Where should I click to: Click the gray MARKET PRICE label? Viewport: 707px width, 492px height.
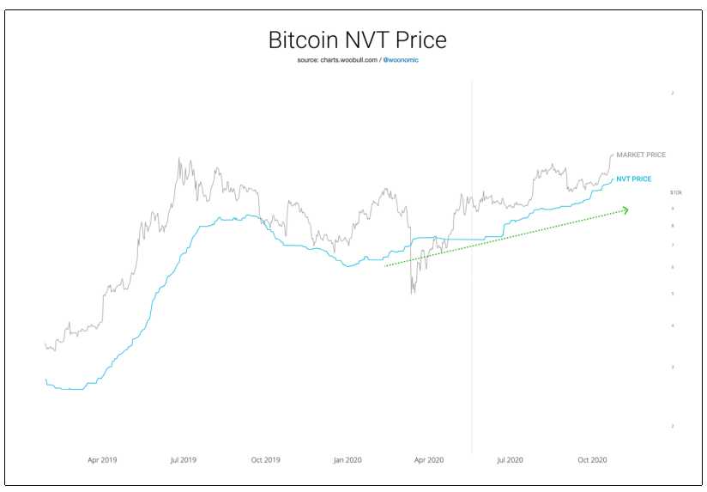(641, 155)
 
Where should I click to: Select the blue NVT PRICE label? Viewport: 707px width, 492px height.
(634, 179)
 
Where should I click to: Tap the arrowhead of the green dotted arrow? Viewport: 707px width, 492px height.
(627, 210)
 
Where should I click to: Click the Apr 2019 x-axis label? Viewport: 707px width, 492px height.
(102, 460)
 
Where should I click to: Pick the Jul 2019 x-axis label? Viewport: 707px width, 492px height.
(184, 460)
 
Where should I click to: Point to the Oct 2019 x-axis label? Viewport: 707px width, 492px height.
(266, 460)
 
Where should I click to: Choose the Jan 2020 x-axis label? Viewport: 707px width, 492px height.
(347, 460)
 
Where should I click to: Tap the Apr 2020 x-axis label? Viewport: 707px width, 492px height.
(429, 460)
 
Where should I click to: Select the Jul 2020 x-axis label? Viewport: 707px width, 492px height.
(510, 460)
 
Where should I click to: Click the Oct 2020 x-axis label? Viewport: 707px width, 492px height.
(592, 460)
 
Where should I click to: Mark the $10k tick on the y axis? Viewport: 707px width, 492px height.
(676, 192)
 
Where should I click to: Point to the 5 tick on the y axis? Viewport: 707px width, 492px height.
(673, 294)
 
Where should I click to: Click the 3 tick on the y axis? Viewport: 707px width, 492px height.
(673, 367)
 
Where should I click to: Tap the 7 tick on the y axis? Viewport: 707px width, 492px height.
(673, 246)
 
